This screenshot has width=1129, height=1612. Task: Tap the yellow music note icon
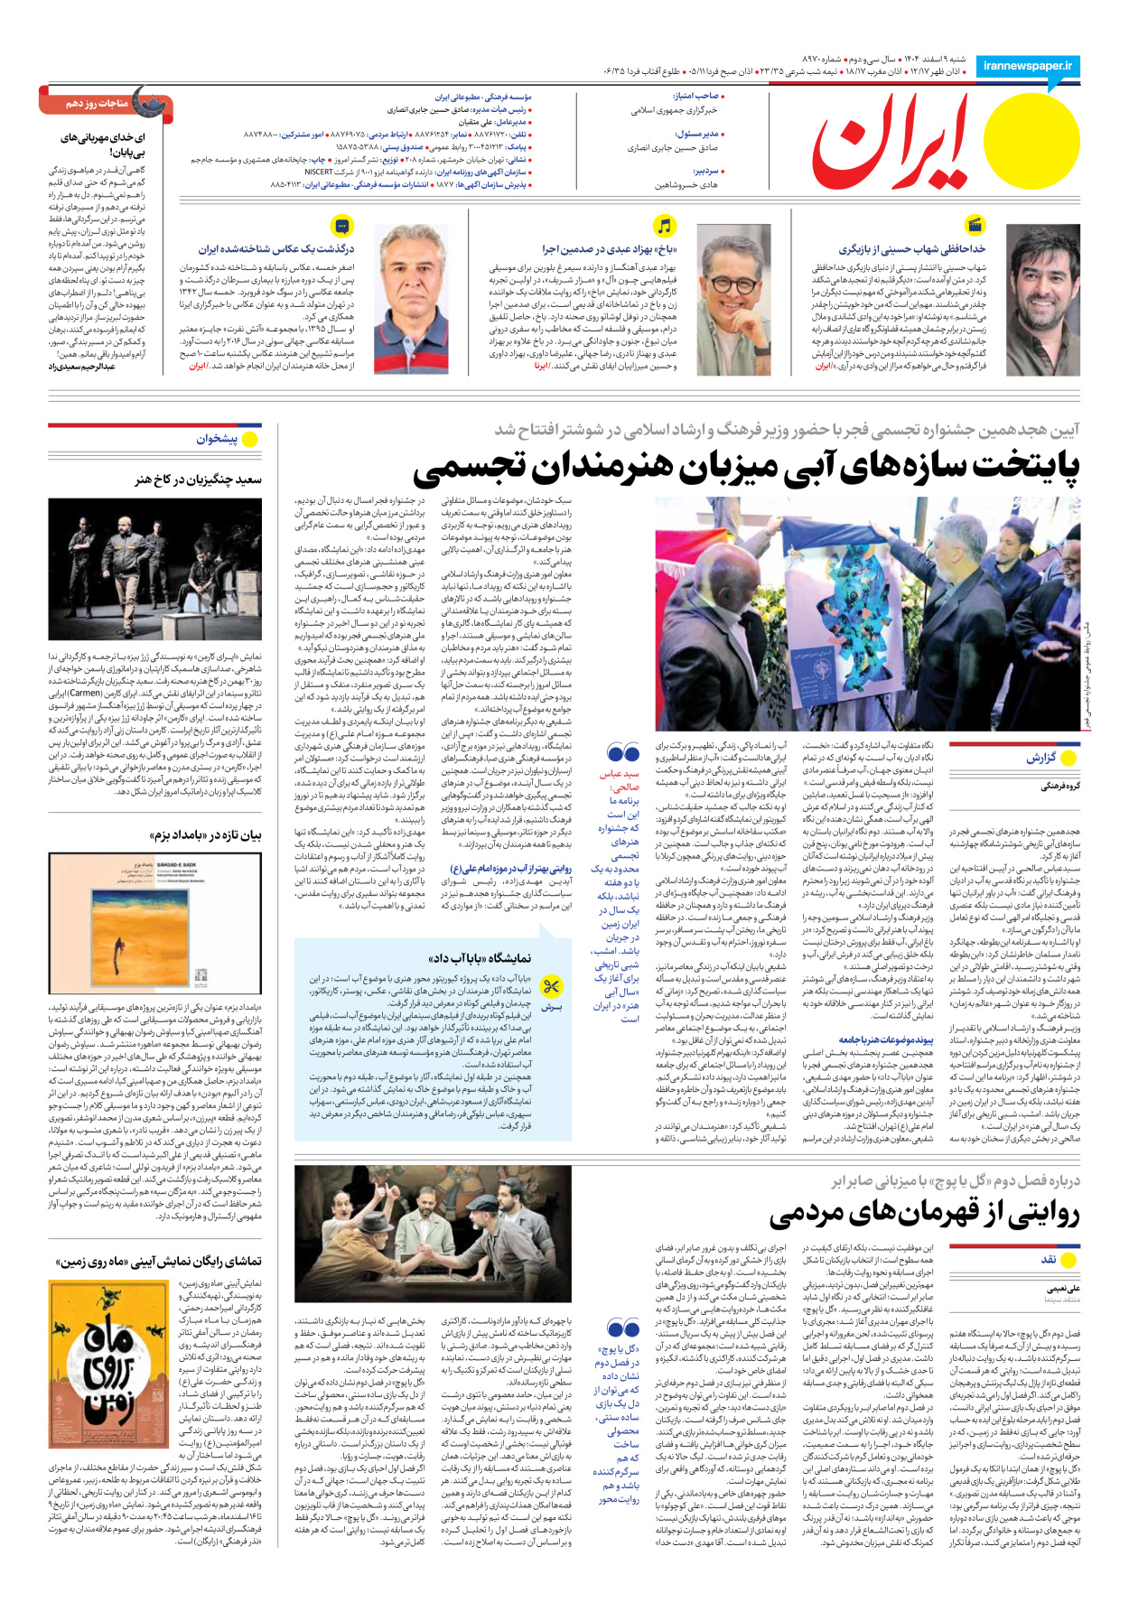664,226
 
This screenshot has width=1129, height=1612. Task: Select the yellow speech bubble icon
342,226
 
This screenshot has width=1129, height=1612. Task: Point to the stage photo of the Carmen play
155,570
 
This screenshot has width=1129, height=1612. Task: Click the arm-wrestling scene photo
433,1233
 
